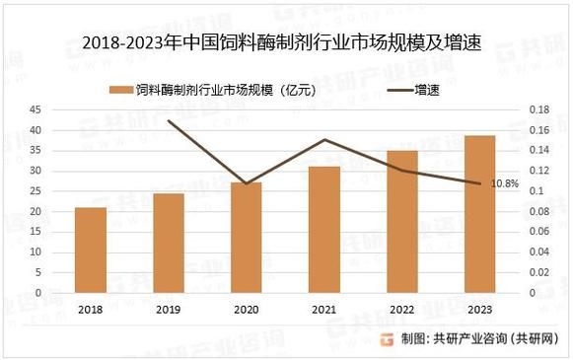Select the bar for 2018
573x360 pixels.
(91, 251)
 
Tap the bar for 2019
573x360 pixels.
(169, 244)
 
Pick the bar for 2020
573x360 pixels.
(247, 238)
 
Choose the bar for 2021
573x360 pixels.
(324, 230)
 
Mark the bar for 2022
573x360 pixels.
(402, 222)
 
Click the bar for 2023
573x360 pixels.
(479, 214)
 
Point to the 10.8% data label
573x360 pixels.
(505, 183)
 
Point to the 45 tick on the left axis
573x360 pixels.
(35, 109)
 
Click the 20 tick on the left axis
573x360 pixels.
(35, 211)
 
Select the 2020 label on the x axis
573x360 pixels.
(247, 308)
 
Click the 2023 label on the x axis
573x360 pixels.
(479, 308)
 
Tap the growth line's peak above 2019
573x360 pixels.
(169, 120)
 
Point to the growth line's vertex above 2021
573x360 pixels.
(324, 139)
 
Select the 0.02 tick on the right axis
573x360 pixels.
(542, 272)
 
